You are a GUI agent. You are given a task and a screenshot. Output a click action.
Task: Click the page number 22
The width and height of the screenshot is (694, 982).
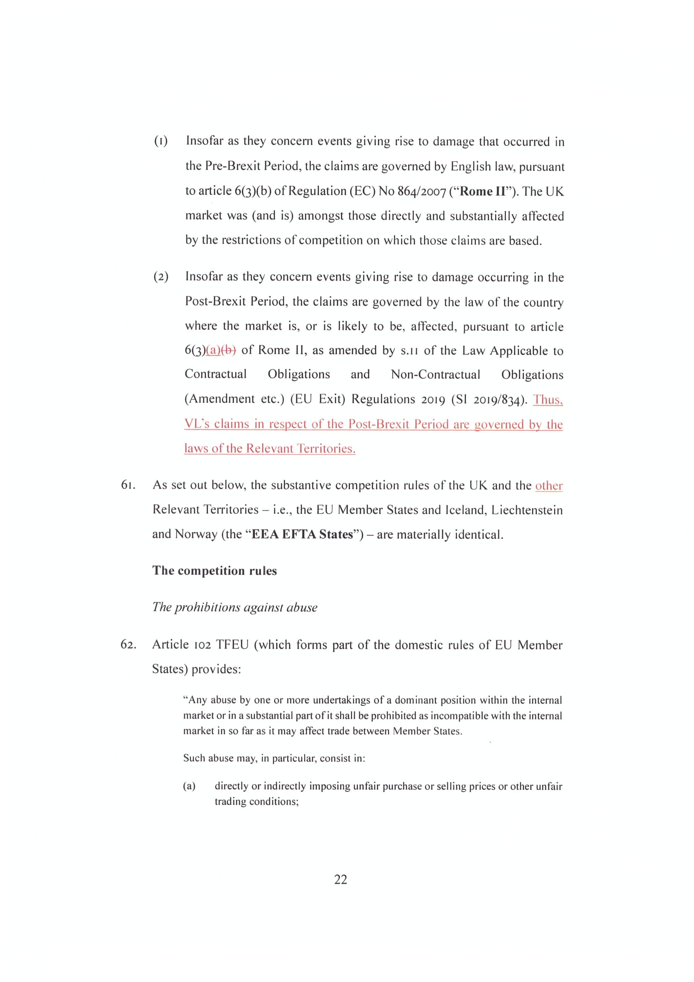coord(340,880)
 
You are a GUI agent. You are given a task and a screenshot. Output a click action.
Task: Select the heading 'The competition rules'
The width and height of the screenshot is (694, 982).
coord(215,571)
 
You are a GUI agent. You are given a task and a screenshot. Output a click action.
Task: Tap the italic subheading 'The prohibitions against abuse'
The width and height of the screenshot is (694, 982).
coord(235,608)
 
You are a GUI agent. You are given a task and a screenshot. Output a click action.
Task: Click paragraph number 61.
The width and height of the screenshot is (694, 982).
coord(128,485)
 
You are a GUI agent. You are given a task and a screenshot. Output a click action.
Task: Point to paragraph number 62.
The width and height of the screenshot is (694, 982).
coord(128,644)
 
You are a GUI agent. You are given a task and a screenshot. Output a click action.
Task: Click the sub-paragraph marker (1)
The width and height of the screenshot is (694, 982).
coord(161,141)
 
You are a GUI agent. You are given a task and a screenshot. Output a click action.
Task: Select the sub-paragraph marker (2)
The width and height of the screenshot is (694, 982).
coord(161,277)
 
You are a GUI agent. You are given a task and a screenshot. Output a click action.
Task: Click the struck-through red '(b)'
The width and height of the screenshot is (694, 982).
coord(229,351)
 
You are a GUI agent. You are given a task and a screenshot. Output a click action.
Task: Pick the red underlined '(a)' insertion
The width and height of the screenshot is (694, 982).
coord(213,351)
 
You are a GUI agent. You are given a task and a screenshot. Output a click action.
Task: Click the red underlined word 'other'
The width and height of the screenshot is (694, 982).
coord(549,486)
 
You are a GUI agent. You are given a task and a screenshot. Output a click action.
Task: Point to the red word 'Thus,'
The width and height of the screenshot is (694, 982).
coord(548,399)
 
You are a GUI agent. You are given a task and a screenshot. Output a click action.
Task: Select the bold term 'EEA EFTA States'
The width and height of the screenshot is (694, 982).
coord(303,534)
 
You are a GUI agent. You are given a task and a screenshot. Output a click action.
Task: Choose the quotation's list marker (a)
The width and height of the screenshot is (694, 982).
coord(189,786)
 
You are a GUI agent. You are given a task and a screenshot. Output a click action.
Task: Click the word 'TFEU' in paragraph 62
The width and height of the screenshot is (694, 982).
coord(232,644)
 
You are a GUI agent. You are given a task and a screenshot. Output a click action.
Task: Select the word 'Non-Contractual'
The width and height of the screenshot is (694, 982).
coord(435,374)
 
